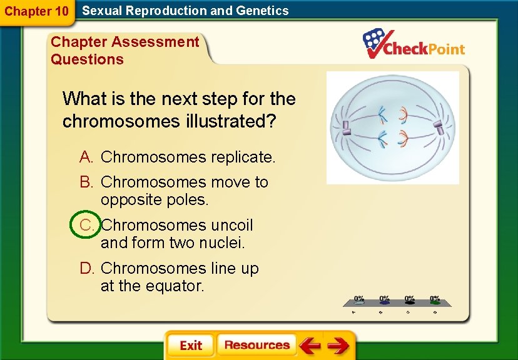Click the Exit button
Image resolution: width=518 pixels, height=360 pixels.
[190, 346]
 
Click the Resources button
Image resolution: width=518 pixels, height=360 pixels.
[256, 345]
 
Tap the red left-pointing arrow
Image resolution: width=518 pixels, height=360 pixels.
[310, 346]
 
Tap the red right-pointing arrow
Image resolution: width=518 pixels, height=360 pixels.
[338, 346]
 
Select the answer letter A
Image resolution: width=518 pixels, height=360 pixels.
[87, 157]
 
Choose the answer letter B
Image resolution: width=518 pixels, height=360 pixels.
[87, 182]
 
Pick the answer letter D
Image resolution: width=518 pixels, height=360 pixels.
[87, 268]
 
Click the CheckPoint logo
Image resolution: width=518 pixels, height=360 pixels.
[414, 45]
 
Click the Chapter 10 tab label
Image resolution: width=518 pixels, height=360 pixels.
[36, 11]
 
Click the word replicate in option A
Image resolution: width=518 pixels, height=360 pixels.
[242, 157]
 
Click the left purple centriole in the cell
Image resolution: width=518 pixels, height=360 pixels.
[345, 127]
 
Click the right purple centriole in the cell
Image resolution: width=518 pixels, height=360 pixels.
[439, 127]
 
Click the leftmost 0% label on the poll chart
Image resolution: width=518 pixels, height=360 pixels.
[360, 298]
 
